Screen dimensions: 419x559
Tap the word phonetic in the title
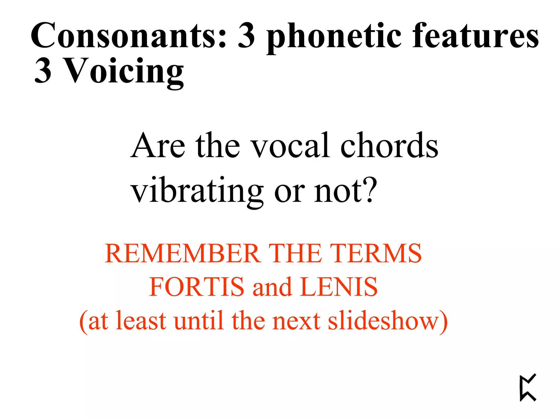click(x=334, y=37)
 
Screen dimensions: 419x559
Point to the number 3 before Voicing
click(x=43, y=71)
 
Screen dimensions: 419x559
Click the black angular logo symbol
click(x=528, y=388)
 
